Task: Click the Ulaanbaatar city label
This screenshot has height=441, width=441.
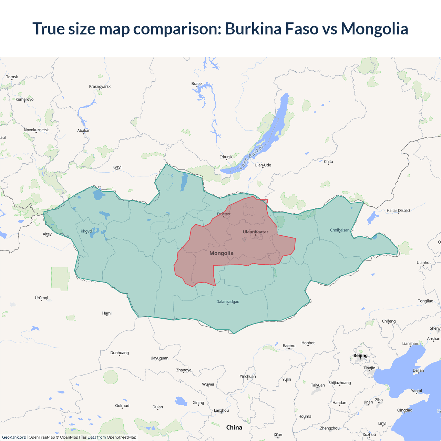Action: click(x=255, y=232)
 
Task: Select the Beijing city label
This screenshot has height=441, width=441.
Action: click(x=360, y=356)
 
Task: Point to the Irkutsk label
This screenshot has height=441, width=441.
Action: click(x=226, y=157)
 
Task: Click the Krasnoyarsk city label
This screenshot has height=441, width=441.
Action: click(x=100, y=86)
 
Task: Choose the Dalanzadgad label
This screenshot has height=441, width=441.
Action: click(x=228, y=302)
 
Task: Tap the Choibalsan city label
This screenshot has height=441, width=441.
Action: click(x=340, y=230)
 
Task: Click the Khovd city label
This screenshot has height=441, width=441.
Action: click(x=86, y=231)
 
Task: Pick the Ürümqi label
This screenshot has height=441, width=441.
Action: click(x=41, y=298)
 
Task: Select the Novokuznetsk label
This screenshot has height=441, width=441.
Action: click(x=36, y=130)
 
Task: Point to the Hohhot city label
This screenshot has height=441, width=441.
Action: click(x=308, y=343)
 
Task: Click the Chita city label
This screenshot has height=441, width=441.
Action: click(x=328, y=162)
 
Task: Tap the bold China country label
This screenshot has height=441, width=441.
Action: click(x=234, y=428)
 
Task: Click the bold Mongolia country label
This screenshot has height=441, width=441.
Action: click(x=222, y=253)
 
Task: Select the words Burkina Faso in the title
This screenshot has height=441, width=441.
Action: click(x=272, y=29)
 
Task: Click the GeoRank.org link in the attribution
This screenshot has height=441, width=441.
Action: click(x=14, y=437)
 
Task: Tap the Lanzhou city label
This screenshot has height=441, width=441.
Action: click(x=221, y=410)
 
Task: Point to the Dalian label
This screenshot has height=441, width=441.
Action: click(x=418, y=370)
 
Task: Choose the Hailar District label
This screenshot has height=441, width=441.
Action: click(x=398, y=211)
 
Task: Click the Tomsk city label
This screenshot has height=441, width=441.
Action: click(x=12, y=77)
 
